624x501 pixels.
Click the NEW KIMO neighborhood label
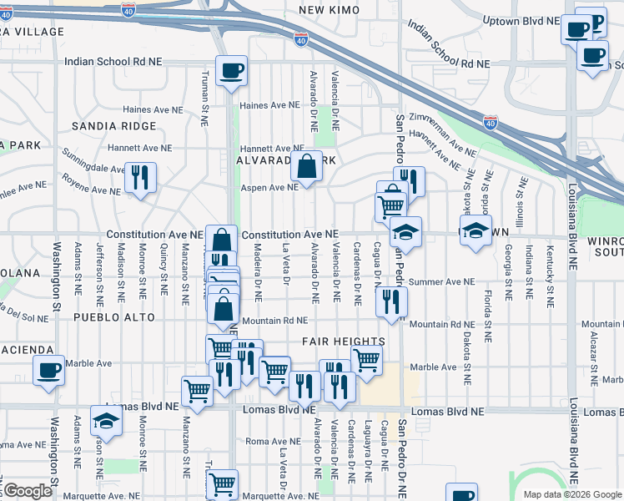coord(328,10)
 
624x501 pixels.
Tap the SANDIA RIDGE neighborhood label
coord(113,126)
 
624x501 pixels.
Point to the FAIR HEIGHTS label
coord(344,342)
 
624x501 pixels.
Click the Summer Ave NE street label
coord(435,282)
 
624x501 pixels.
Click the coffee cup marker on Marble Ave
coord(48,370)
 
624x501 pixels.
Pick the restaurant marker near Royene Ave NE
coord(139,178)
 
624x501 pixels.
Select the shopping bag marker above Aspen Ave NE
coord(306,167)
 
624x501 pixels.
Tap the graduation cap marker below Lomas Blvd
coord(107,423)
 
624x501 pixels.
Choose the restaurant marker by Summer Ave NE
coord(390,301)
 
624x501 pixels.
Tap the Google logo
coord(28,491)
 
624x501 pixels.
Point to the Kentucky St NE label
coord(549,281)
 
